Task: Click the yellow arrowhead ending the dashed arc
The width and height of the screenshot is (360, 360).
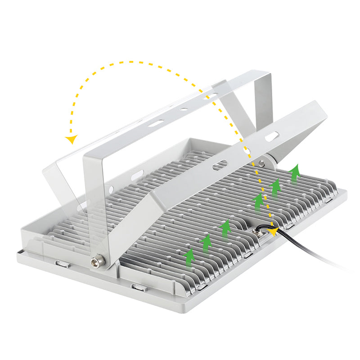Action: (x=71, y=139)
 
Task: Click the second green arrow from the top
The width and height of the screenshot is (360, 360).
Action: (x=275, y=186)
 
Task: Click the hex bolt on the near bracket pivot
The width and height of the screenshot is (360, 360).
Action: (x=95, y=261)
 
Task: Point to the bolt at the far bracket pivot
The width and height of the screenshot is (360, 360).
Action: (x=261, y=163)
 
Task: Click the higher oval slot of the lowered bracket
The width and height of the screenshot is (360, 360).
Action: (x=271, y=135)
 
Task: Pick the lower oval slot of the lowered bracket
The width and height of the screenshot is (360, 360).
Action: (x=220, y=166)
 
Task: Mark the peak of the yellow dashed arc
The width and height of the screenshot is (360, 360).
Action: (x=130, y=62)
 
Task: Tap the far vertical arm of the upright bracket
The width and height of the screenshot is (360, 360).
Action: (x=263, y=97)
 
